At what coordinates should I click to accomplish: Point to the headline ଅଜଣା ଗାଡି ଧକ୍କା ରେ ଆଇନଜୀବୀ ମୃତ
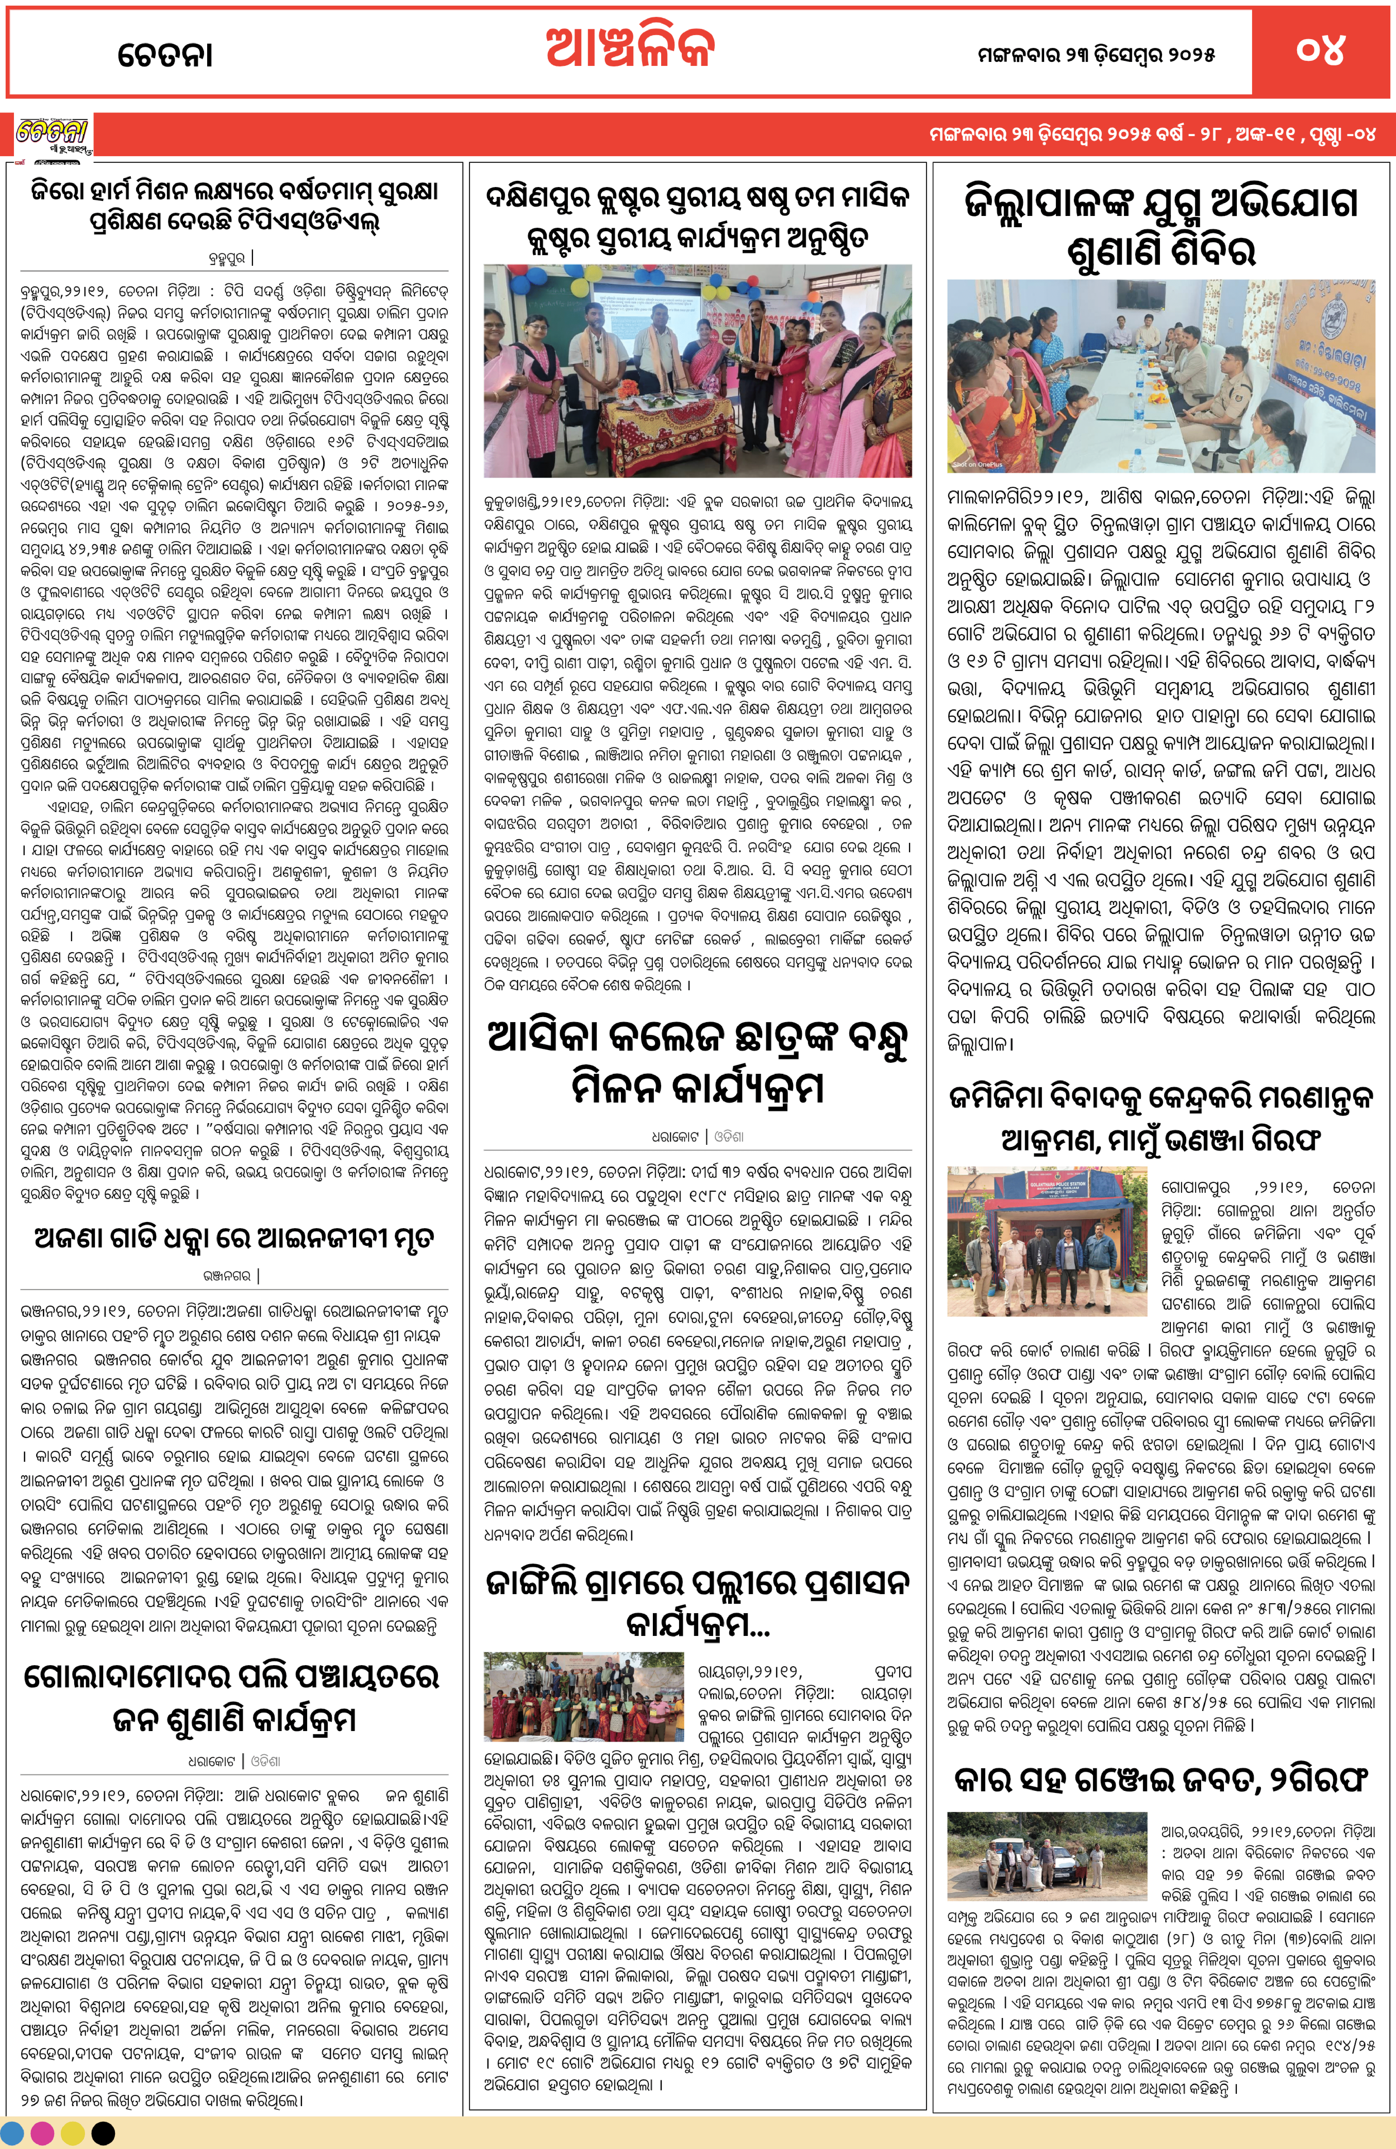pos(234,1237)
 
